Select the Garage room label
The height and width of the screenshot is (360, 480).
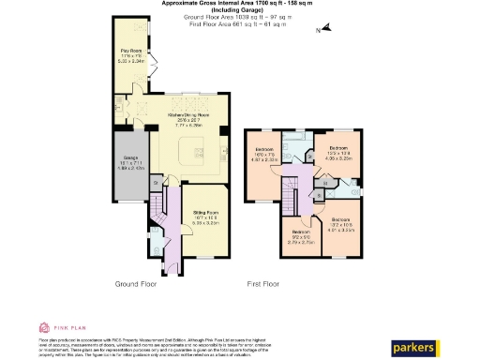pyautogui.click(x=127, y=165)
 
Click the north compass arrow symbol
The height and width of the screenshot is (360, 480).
pyautogui.click(x=321, y=31)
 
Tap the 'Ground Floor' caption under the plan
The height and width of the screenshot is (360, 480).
pyautogui.click(x=136, y=282)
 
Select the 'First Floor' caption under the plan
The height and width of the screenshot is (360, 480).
pyautogui.click(x=265, y=282)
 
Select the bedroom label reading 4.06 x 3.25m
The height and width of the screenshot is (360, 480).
pyautogui.click(x=337, y=155)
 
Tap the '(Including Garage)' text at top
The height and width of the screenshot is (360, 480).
pyautogui.click(x=241, y=12)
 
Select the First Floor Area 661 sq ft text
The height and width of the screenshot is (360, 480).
pyautogui.click(x=241, y=26)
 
